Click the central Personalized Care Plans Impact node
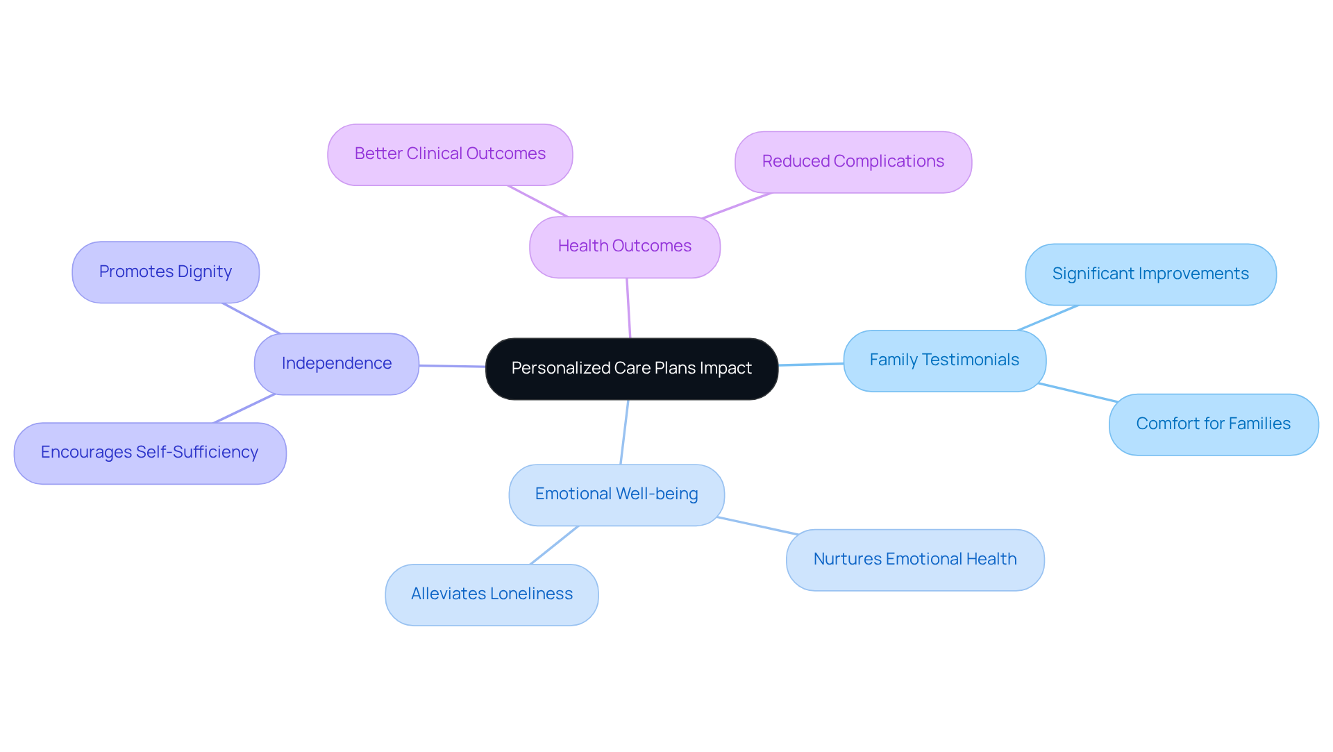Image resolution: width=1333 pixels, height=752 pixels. (631, 369)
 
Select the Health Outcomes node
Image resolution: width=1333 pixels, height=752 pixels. (624, 247)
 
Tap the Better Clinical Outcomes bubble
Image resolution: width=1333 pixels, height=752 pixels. (450, 155)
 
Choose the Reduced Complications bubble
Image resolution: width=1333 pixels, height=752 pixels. (853, 162)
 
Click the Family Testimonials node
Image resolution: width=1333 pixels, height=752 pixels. (944, 361)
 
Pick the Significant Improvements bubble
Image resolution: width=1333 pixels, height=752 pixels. (1150, 274)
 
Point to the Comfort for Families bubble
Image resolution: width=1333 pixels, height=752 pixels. (1213, 425)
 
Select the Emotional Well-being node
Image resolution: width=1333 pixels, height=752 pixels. (616, 495)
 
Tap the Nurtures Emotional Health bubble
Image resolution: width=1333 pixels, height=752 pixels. (914, 560)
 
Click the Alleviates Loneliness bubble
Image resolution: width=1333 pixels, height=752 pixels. (492, 595)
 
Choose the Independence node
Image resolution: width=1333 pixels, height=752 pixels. (336, 365)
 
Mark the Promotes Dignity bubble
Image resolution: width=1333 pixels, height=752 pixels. (165, 272)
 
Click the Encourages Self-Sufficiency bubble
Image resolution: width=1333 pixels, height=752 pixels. (149, 453)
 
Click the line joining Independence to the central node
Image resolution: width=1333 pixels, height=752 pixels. (452, 366)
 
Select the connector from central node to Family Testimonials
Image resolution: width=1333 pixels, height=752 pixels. (811, 365)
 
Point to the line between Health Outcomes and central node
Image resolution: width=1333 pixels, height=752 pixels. (628, 308)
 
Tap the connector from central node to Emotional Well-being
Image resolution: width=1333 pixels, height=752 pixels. (624, 432)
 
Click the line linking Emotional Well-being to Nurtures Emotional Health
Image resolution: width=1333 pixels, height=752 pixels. (757, 526)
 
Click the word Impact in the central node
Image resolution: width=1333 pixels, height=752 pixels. (726, 369)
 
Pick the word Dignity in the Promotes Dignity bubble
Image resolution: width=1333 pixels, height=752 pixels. (204, 272)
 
